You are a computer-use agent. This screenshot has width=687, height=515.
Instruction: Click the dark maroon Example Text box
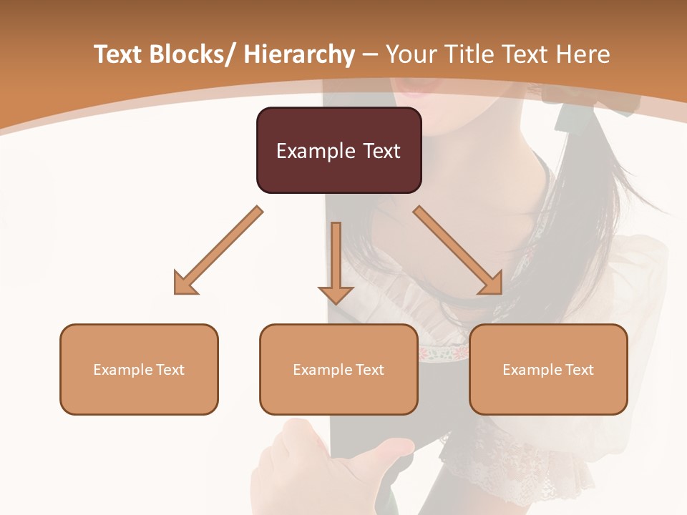point(338,150)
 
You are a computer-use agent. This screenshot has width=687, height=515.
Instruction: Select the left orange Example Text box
point(139,369)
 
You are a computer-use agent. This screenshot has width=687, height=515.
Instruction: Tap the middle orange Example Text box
point(338,369)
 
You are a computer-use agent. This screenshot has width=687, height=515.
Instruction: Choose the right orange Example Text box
point(548,369)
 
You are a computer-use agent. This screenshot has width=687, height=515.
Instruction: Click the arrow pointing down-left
point(218,250)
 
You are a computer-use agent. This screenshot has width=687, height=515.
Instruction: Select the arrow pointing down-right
point(458,250)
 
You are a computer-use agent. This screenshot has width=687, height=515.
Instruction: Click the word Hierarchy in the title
point(299,55)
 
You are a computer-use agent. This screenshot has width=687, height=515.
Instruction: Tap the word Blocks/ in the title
point(195,55)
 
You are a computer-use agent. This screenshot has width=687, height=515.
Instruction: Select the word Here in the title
point(582,55)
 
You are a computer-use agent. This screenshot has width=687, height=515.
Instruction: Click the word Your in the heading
point(412,55)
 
